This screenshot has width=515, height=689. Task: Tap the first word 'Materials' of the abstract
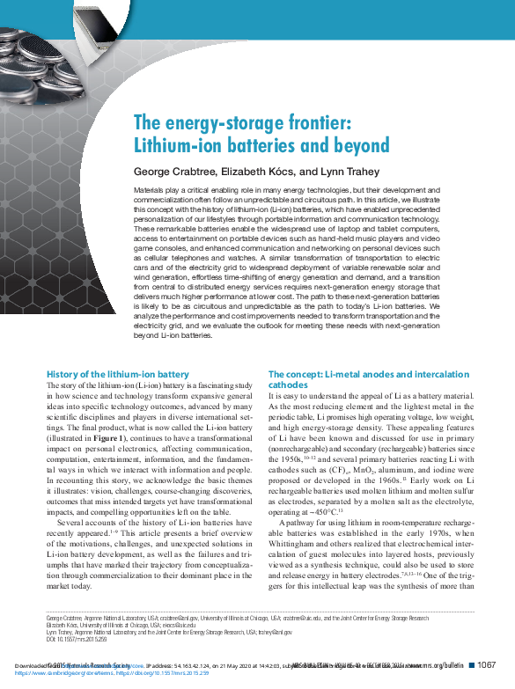pyautogui.click(x=150, y=189)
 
